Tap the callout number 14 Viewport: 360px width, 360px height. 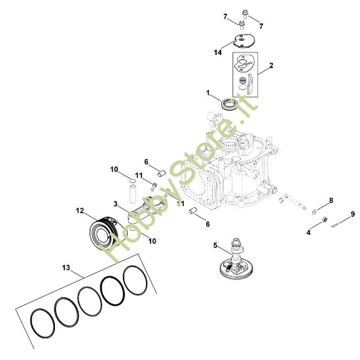point(218,51)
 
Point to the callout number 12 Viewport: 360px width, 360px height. point(79,211)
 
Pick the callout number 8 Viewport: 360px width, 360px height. point(331,200)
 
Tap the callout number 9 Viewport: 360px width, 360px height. point(353,213)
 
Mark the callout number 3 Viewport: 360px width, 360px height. point(115,204)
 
